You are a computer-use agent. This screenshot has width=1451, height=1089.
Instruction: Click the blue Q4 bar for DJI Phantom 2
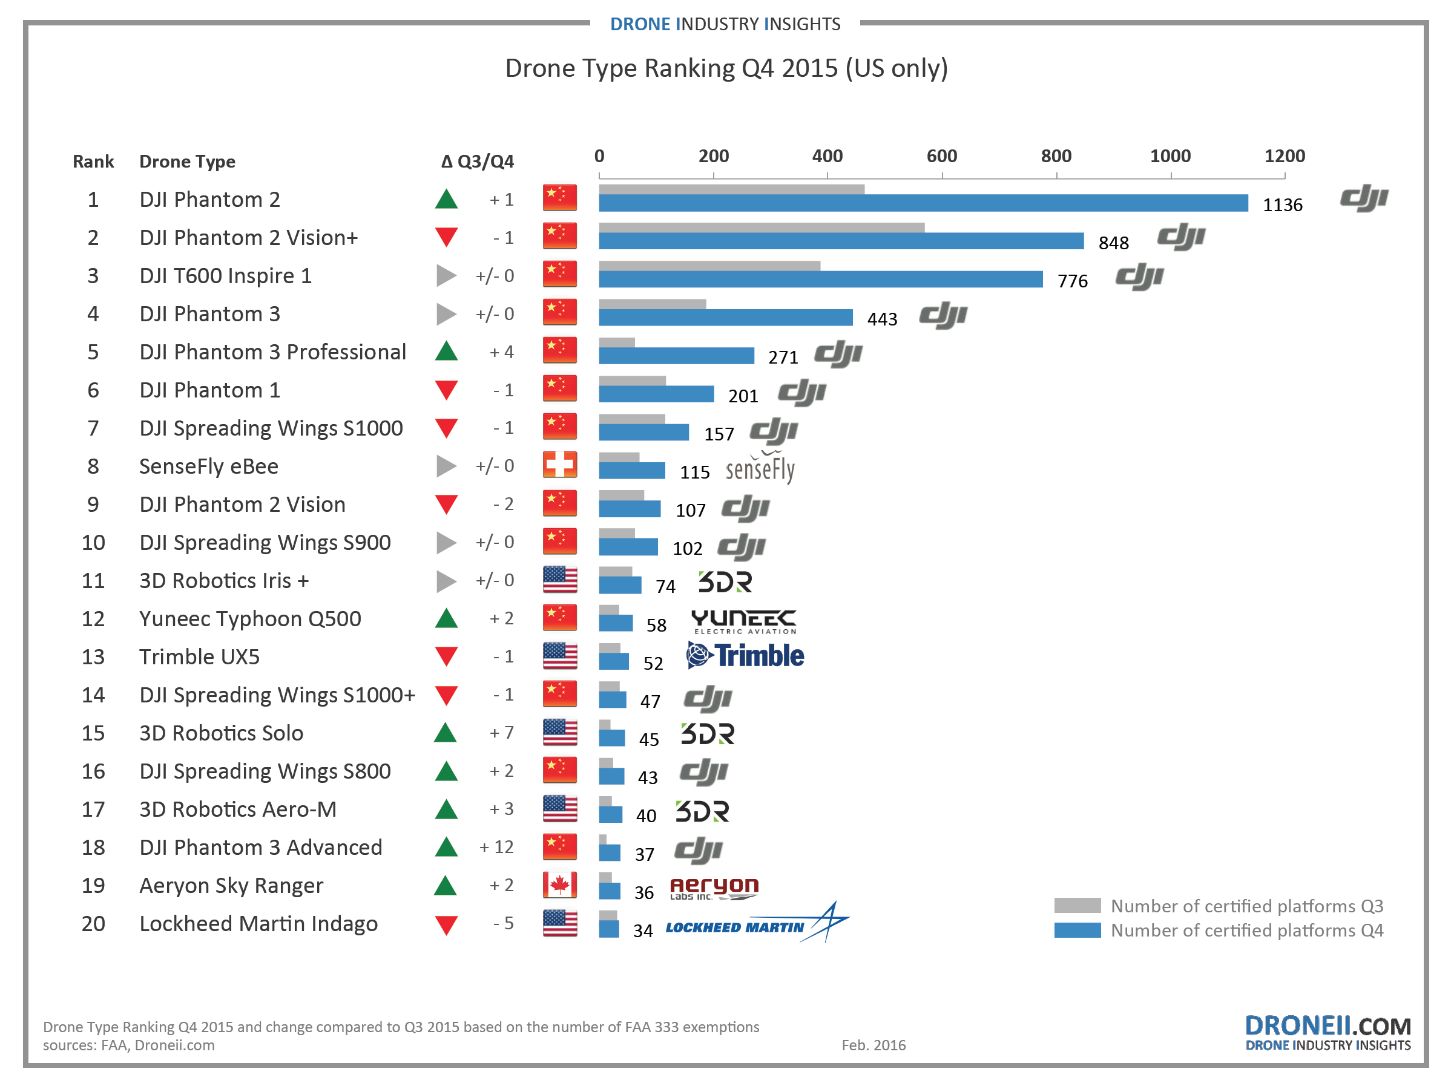923,203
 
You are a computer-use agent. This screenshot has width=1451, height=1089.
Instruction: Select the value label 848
1113,243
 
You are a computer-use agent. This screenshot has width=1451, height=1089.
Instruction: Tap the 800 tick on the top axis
1056,157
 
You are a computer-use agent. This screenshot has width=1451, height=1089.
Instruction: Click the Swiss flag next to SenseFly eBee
559,465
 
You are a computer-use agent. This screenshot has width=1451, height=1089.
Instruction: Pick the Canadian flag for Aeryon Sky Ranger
559,885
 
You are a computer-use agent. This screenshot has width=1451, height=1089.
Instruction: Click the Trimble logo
745,656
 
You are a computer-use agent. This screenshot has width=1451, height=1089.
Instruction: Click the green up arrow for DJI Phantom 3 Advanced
446,847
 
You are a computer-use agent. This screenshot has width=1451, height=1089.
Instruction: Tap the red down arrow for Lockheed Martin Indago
446,924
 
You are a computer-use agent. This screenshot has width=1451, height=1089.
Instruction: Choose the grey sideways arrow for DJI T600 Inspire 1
446,275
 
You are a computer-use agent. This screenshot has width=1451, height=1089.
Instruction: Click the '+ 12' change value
496,847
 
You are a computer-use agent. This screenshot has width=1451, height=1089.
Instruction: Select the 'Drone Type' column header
187,162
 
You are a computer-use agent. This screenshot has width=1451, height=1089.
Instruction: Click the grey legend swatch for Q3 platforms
1077,906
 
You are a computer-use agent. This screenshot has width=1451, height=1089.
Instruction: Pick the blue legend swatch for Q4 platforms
1077,930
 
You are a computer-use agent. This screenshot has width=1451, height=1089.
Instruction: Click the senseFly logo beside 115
760,469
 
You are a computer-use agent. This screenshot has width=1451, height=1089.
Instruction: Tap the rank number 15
93,733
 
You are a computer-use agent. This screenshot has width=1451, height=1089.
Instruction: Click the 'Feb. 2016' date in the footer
873,1045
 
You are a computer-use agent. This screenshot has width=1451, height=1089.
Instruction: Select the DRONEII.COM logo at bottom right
1327,1032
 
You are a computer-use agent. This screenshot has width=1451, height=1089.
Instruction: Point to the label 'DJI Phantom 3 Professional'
273,352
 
